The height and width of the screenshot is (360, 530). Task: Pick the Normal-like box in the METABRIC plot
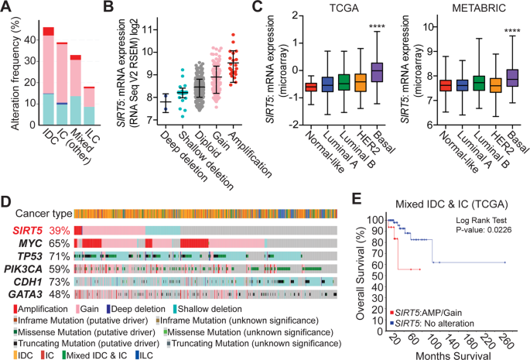[x=445, y=85]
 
